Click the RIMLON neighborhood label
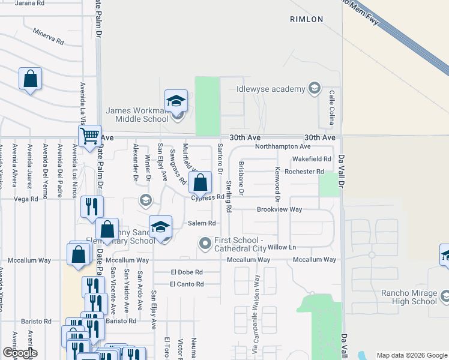click(x=307, y=19)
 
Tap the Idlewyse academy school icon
click(x=313, y=89)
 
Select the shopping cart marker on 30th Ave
click(x=89, y=136)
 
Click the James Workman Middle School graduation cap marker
click(x=176, y=101)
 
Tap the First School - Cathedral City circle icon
click(x=205, y=243)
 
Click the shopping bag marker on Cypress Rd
click(x=202, y=182)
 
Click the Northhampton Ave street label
click(x=282, y=146)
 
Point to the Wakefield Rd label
click(x=312, y=159)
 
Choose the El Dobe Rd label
click(x=187, y=272)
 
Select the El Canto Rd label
click(x=187, y=284)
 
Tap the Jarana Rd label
click(x=30, y=3)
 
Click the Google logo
click(x=20, y=353)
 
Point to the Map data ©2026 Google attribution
click(x=411, y=355)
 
